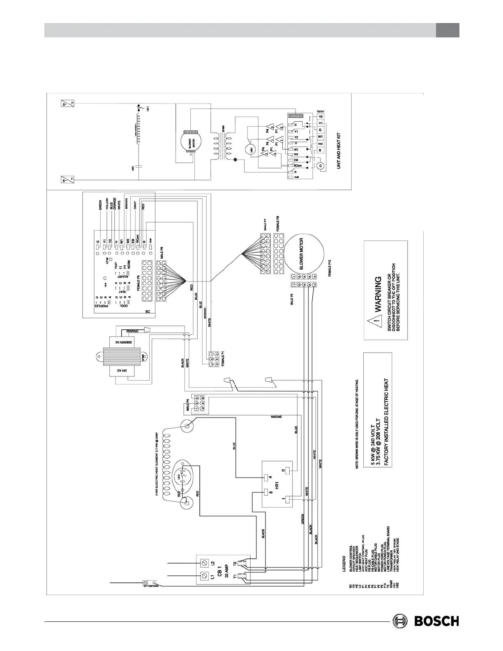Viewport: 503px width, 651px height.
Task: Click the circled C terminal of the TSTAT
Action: point(321,166)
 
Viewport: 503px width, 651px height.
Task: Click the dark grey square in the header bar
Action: point(448,30)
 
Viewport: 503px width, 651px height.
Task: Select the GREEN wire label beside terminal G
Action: point(100,205)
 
